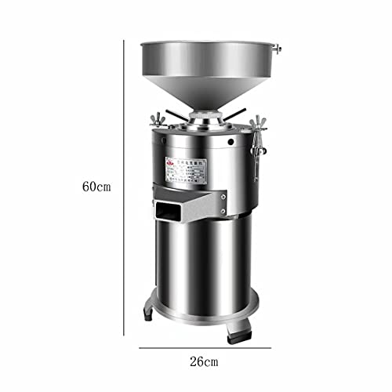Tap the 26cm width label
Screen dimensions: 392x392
click(x=203, y=361)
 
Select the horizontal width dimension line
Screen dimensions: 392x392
click(x=203, y=346)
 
